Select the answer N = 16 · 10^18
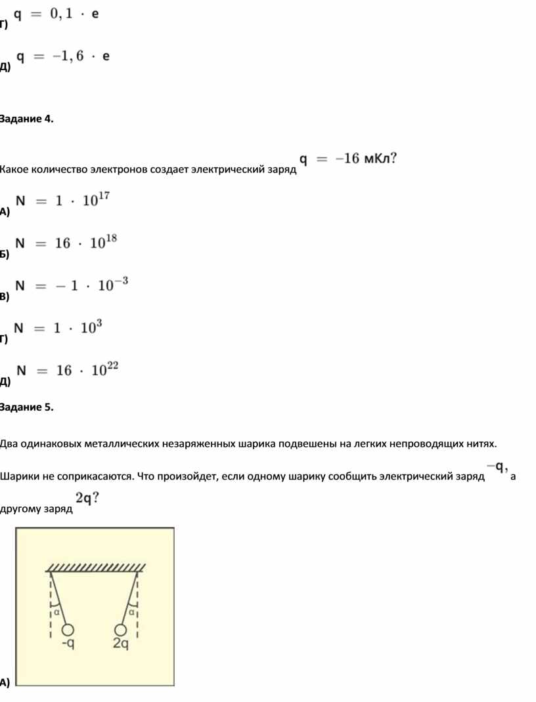(x=66, y=243)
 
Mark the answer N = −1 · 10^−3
(x=72, y=285)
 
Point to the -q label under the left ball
(x=68, y=644)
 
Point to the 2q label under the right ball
(x=120, y=644)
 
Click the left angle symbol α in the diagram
(x=57, y=611)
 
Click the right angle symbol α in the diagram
(x=131, y=611)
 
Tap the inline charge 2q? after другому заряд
(x=87, y=499)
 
